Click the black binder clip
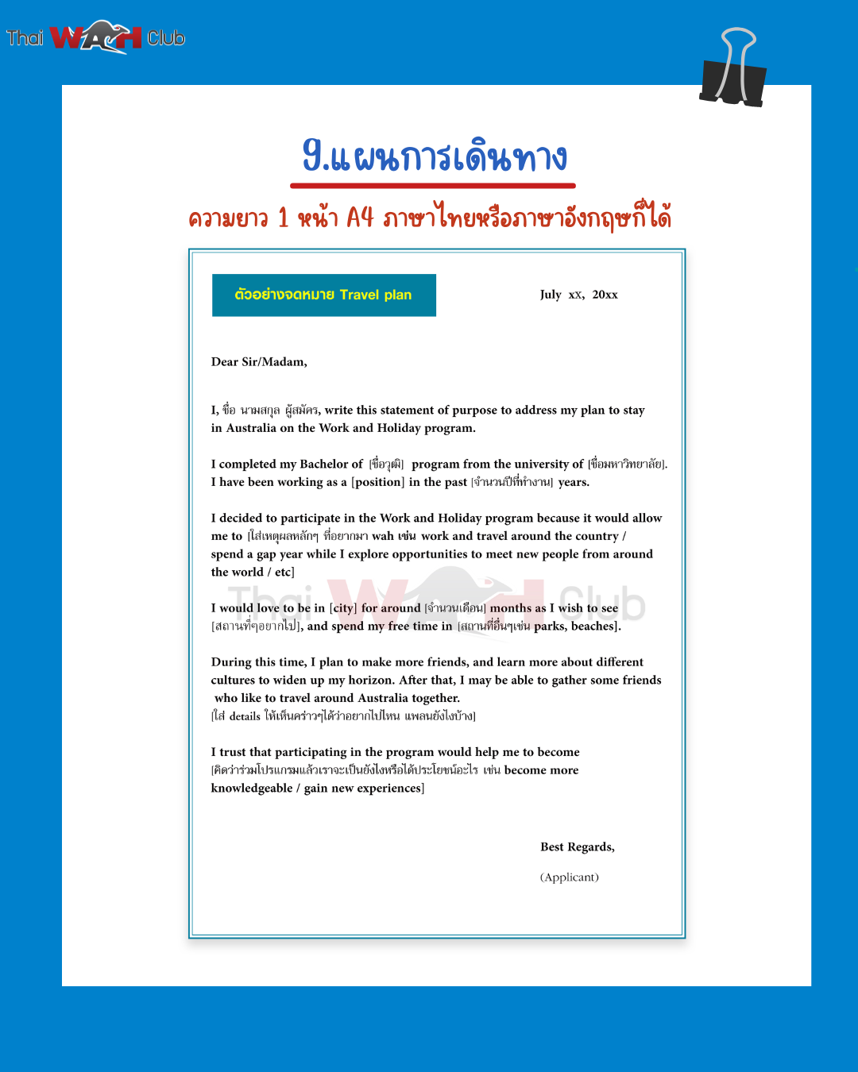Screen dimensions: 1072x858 [733, 71]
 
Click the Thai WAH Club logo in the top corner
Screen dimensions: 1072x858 [96, 37]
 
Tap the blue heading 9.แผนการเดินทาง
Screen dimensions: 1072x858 [435, 156]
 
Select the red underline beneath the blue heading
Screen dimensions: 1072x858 [433, 186]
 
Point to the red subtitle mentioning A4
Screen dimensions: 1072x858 [430, 217]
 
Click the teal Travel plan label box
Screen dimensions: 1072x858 [323, 295]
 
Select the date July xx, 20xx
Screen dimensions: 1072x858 [578, 295]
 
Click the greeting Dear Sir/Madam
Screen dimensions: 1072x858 [259, 362]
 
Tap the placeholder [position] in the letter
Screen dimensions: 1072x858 [378, 482]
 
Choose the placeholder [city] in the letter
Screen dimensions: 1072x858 [343, 608]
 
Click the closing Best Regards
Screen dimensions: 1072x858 [577, 847]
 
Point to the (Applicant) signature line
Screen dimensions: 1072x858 [569, 877]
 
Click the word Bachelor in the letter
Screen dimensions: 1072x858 [323, 465]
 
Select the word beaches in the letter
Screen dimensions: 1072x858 [594, 627]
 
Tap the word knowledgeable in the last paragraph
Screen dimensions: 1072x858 [251, 789]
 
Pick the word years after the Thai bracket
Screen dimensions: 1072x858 [573, 482]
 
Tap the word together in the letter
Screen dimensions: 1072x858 [435, 699]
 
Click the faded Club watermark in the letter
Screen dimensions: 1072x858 [601, 603]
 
